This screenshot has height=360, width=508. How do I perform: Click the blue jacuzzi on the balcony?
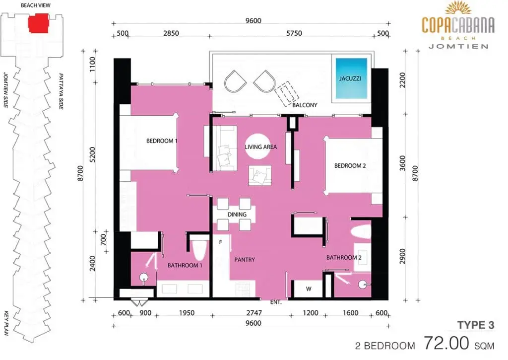click(351, 78)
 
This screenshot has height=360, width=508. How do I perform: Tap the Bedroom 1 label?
click(162, 141)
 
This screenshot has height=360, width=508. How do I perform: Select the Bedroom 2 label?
click(350, 166)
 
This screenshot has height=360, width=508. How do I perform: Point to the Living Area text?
click(261, 147)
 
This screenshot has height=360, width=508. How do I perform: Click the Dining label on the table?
click(237, 215)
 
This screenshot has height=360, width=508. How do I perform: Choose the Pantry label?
click(245, 260)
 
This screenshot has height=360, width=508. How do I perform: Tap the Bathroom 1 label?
click(185, 265)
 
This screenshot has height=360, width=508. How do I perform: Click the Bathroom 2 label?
click(344, 258)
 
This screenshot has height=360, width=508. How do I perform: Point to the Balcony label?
click(305, 105)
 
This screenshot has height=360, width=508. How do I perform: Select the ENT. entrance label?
click(276, 302)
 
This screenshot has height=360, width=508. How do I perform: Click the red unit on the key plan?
click(38, 23)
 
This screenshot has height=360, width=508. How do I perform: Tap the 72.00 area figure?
click(446, 343)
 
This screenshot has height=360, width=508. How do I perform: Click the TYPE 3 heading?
click(476, 325)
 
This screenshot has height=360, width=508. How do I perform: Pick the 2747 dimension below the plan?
click(254, 313)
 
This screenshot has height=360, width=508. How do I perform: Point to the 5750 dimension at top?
click(294, 33)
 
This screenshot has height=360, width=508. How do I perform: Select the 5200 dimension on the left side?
click(92, 155)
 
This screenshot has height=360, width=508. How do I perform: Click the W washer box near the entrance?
click(309, 288)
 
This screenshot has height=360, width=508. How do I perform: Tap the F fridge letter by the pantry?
click(221, 242)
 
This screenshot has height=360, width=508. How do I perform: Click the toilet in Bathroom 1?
click(199, 250)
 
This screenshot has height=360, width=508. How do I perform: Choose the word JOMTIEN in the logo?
click(458, 46)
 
